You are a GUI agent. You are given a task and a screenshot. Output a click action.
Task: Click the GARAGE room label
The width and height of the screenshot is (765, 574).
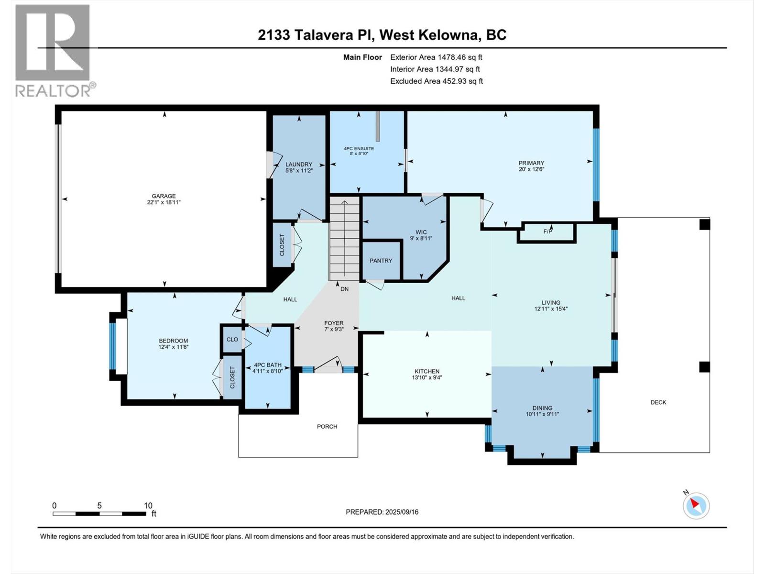click(x=164, y=196)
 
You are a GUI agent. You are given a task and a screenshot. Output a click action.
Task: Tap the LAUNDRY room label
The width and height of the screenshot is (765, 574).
click(x=299, y=165)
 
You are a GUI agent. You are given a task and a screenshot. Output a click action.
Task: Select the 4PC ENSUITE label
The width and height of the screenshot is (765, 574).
click(x=359, y=149)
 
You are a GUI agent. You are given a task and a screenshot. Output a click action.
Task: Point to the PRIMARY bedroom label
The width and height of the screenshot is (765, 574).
click(x=531, y=163)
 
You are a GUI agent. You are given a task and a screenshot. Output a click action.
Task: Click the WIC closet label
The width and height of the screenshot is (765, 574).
click(x=421, y=232)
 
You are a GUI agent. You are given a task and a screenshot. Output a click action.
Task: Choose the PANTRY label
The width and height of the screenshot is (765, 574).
click(x=381, y=261)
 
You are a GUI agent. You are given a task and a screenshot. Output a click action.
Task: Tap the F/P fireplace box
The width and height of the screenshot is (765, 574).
click(x=547, y=232)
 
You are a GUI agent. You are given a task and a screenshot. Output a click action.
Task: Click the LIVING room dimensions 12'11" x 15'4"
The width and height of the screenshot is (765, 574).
click(x=551, y=309)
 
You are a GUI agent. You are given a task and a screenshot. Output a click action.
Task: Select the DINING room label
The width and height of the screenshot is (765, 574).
click(x=542, y=408)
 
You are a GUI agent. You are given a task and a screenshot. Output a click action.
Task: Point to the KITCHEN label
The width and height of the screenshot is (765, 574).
click(x=427, y=371)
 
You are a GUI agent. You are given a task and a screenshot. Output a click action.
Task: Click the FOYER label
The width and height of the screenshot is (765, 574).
click(x=334, y=323)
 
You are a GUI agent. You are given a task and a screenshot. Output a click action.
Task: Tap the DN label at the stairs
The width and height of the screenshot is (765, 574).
click(x=344, y=289)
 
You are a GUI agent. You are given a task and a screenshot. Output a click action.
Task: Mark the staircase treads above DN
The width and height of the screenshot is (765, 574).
click(x=344, y=239)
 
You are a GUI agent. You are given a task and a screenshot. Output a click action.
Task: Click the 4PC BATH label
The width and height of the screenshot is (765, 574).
click(x=267, y=365)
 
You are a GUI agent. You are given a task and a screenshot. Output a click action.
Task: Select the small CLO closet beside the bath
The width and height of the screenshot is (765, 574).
click(x=232, y=340)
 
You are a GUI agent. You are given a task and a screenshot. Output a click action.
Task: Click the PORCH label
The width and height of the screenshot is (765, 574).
click(x=327, y=427)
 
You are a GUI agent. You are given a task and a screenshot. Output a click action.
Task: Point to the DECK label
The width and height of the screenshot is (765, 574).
click(x=658, y=402)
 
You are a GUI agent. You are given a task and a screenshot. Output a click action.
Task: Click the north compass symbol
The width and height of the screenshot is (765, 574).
click(x=696, y=506)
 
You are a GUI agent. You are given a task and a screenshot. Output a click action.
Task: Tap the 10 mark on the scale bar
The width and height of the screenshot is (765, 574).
click(x=148, y=506)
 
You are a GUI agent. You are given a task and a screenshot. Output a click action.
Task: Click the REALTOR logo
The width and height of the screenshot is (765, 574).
click(x=54, y=50)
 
